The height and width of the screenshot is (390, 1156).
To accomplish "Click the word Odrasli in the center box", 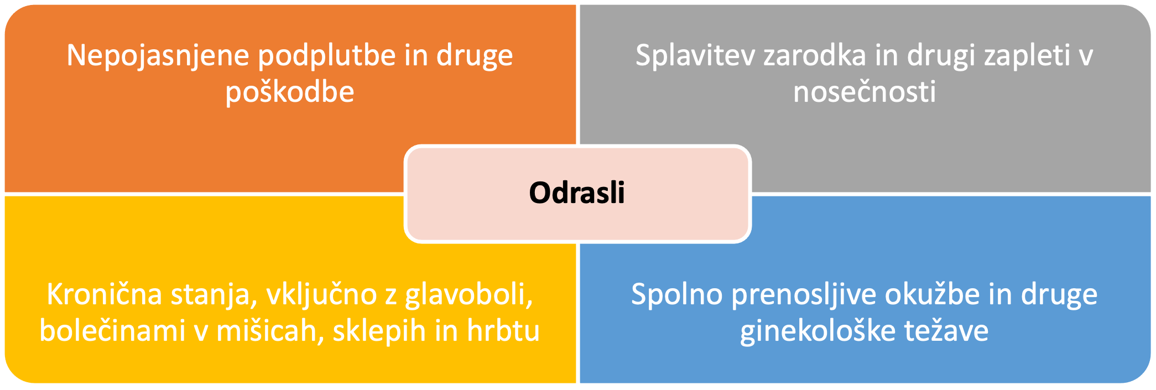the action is point(577,193).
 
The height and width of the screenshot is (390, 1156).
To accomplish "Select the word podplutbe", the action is point(327,56).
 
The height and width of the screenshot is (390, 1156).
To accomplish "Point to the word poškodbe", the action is point(290,91).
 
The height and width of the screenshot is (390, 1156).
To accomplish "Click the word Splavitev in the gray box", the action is point(695,56).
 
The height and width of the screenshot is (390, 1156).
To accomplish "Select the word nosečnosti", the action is point(865,91).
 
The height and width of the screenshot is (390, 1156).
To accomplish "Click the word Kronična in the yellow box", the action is point(105,294).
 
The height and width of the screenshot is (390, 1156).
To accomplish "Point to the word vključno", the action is point(322,295).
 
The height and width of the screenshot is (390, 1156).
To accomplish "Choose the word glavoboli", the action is point(469,295).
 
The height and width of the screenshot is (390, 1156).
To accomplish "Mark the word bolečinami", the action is point(112,331).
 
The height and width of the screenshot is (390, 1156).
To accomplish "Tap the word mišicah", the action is point(270,331).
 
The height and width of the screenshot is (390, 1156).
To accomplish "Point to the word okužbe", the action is point(933,294).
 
